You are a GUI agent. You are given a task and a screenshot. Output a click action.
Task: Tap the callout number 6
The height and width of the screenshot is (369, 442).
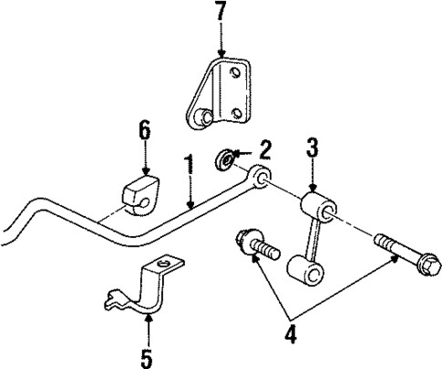(144, 131)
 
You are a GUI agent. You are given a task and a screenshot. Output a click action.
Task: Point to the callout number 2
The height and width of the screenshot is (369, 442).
(265, 149)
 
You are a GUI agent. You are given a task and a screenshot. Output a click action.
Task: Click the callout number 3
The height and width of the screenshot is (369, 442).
(312, 147)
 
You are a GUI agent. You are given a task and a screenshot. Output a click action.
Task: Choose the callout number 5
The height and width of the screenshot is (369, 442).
(146, 357)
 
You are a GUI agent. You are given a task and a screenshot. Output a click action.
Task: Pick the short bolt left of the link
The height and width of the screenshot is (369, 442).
(254, 244)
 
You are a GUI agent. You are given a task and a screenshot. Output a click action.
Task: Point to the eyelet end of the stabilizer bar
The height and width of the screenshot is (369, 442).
(262, 177)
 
